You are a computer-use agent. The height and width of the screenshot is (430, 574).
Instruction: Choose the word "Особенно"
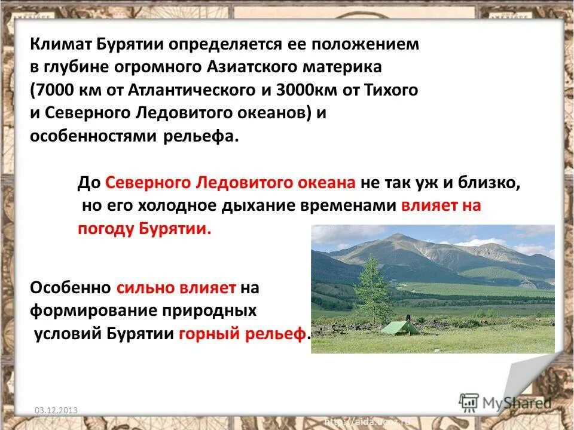(71, 288)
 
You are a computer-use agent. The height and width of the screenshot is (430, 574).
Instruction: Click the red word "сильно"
(143, 288)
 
